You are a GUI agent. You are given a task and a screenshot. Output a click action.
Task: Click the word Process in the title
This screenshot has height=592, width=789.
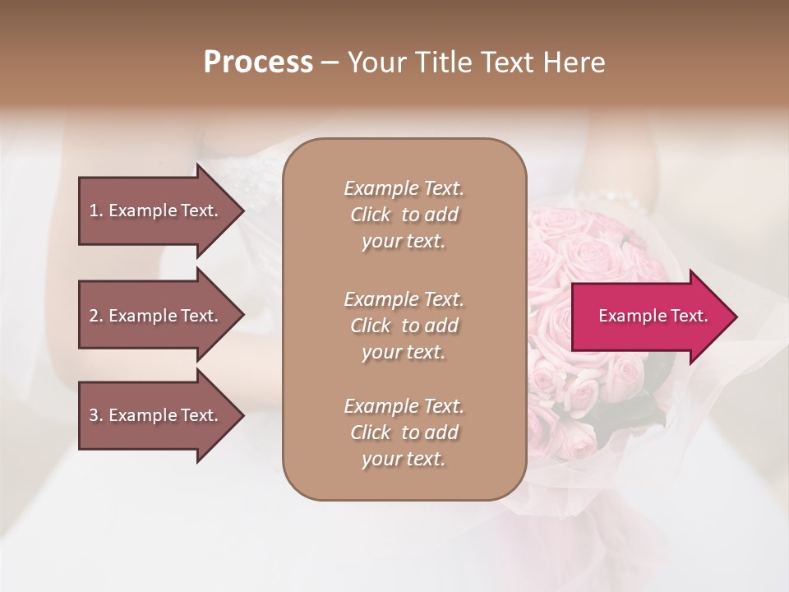pyautogui.click(x=258, y=62)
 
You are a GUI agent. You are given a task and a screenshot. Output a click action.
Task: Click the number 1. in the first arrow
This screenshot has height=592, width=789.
pyautogui.click(x=96, y=210)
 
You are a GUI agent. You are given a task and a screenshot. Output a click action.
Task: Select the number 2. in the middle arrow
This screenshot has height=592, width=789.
pyautogui.click(x=96, y=316)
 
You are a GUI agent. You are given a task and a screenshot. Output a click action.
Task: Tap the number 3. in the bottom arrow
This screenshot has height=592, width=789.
pyautogui.click(x=96, y=415)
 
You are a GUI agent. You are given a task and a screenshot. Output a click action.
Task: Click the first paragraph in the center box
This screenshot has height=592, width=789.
pyautogui.click(x=404, y=215)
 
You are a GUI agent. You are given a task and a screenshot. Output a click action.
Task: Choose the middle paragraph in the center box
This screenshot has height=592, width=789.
pyautogui.click(x=404, y=325)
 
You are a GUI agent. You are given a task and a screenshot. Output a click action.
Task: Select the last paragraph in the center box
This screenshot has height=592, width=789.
pyautogui.click(x=404, y=432)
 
